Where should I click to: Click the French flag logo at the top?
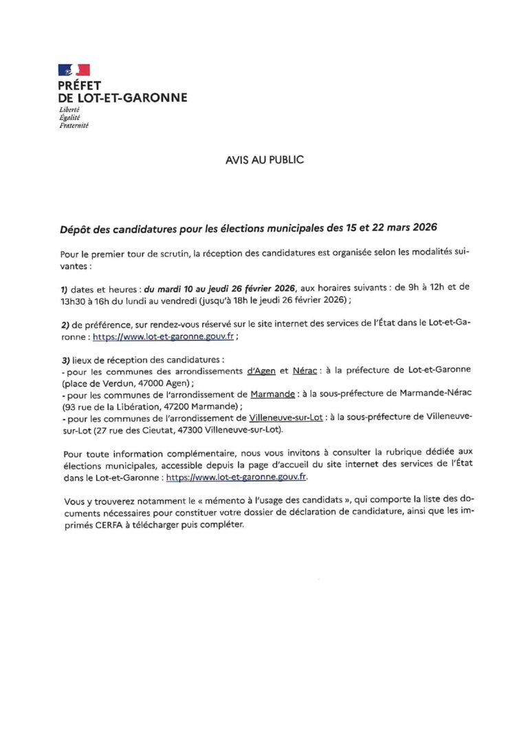(74, 69)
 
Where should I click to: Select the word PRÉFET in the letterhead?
(80, 85)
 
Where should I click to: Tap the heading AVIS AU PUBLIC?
(264, 160)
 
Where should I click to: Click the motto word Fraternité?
(74, 125)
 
